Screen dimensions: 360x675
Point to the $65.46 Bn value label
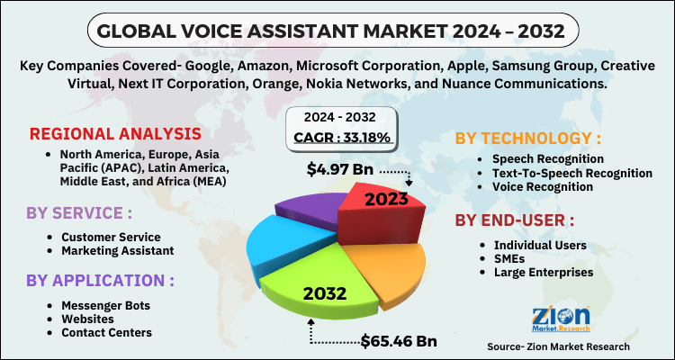[400, 341]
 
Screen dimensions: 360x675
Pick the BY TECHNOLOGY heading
[528, 138]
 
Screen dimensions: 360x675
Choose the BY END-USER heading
[514, 220]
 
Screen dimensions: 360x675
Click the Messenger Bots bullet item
[105, 305]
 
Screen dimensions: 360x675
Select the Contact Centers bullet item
[106, 332]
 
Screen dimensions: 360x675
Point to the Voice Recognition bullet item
[543, 186]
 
